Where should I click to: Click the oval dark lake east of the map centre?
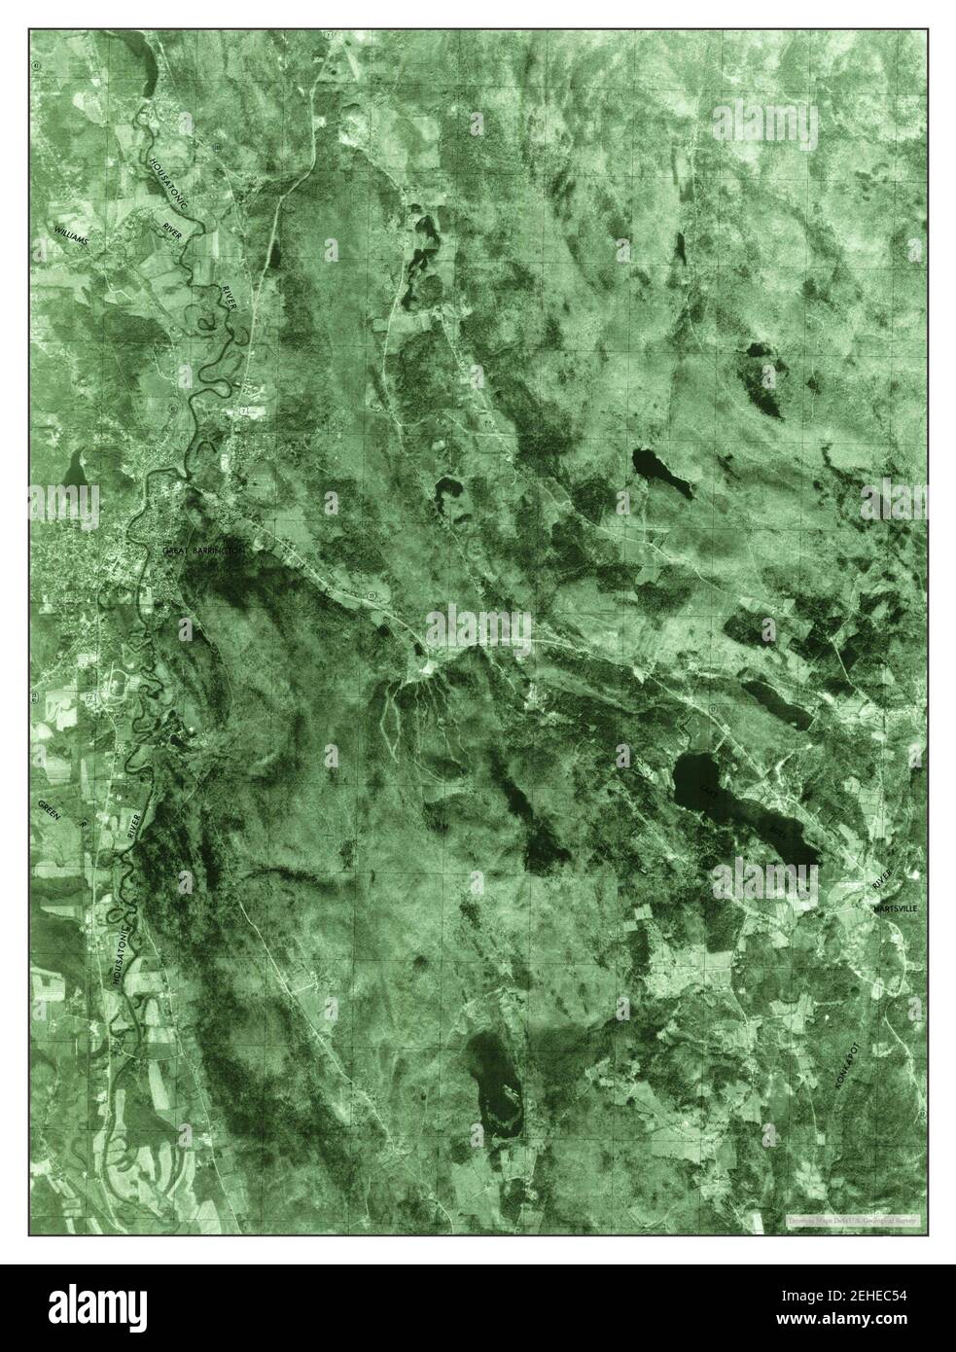click(662, 472)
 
